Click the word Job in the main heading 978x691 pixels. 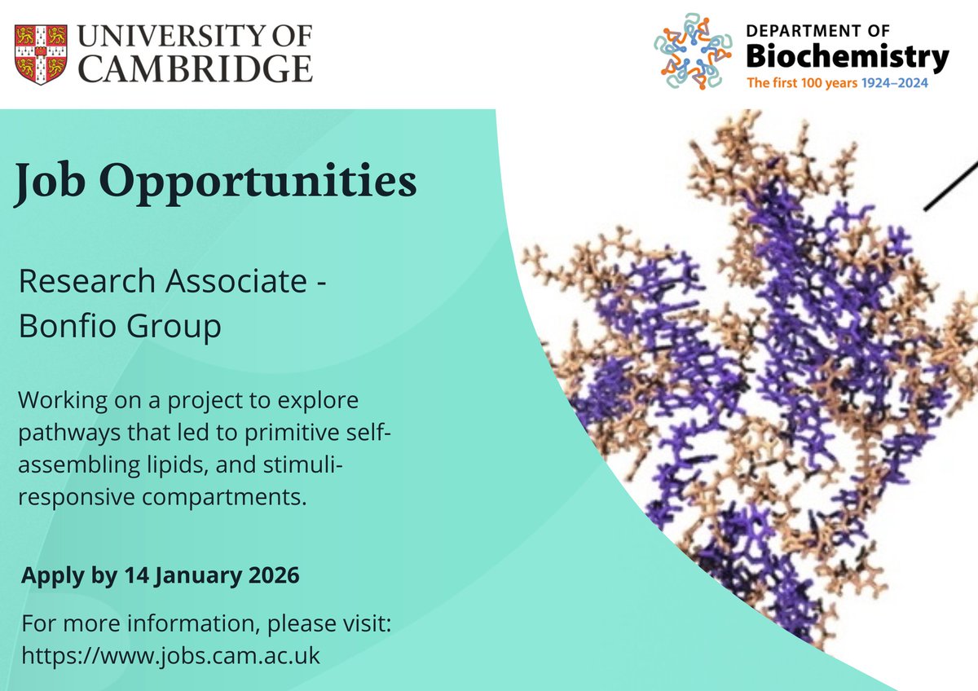pos(51,182)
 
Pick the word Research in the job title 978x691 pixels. pos(86,282)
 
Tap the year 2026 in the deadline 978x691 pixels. pos(273,575)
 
